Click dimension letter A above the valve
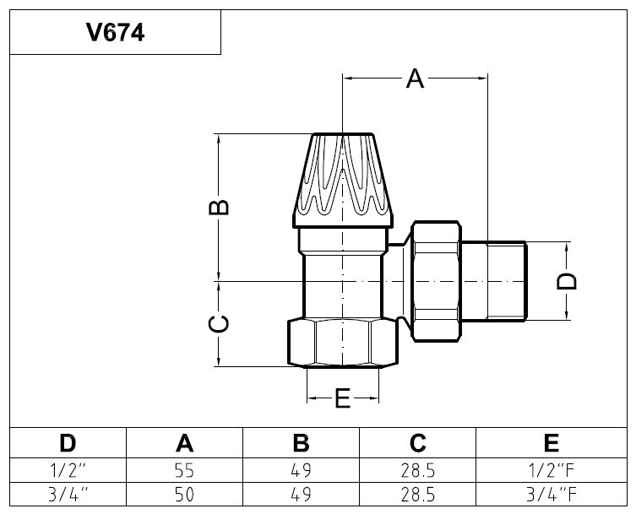[414, 79]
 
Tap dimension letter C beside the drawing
[219, 323]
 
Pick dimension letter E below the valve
[342, 398]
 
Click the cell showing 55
[184, 469]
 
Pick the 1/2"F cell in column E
[551, 469]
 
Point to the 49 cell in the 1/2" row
[302, 469]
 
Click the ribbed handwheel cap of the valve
[344, 177]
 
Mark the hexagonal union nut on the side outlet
[437, 280]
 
